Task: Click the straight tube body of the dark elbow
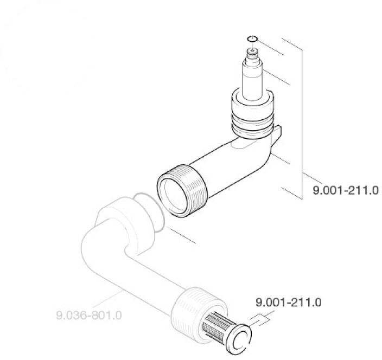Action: tap(228, 168)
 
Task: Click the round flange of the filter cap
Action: tap(238, 338)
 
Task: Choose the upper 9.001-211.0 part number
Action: tap(345, 191)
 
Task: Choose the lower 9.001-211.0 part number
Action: tap(288, 301)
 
